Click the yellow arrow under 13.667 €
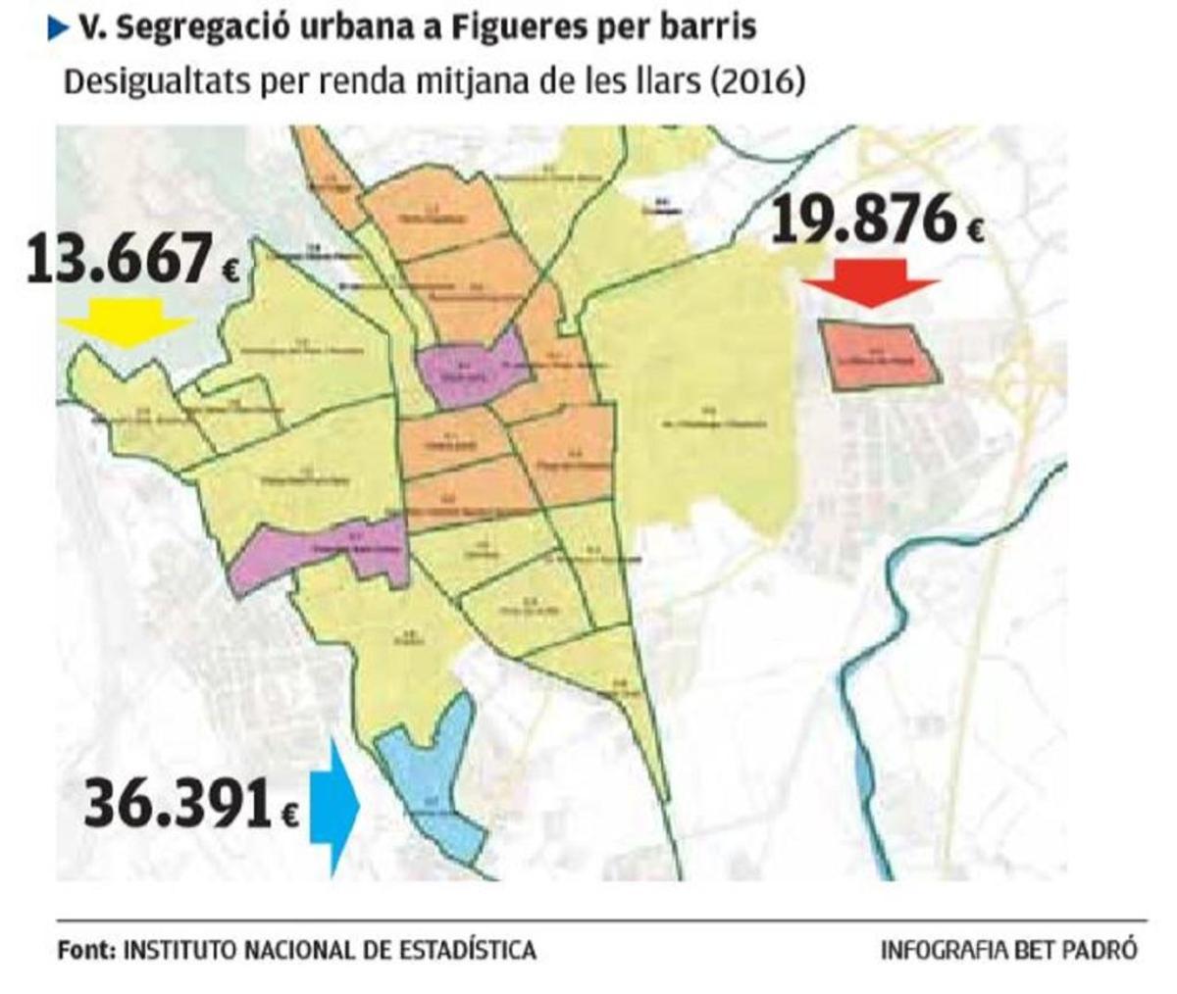126,322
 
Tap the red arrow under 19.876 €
871,282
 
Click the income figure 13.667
119,261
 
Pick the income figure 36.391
178,805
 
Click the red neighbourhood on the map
879,355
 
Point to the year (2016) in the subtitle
759,80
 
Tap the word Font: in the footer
86,950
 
